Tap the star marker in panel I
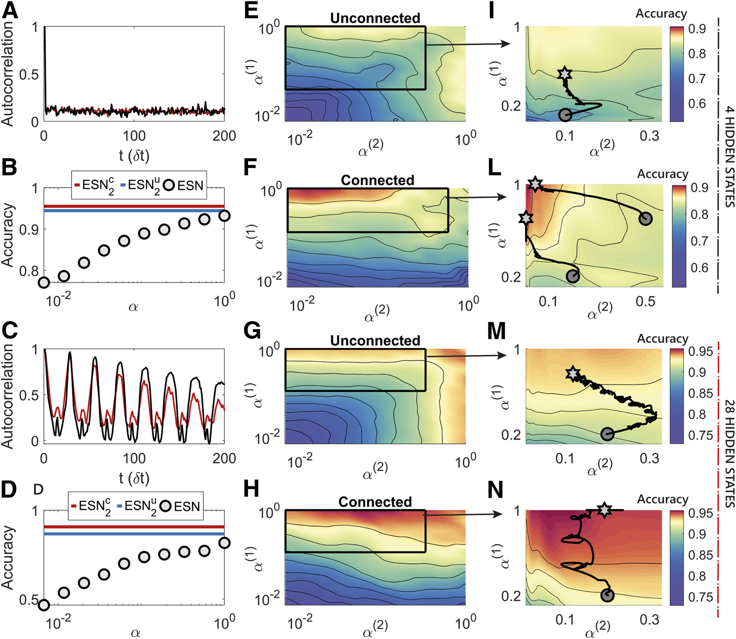pyautogui.click(x=565, y=74)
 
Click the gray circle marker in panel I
pyautogui.click(x=565, y=115)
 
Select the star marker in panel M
pyautogui.click(x=572, y=374)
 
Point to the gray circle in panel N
pyautogui.click(x=607, y=596)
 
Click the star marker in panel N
pyautogui.click(x=604, y=510)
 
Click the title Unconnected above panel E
pyautogui.click(x=375, y=18)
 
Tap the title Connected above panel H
pyautogui.click(x=375, y=502)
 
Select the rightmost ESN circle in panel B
pyautogui.click(x=224, y=216)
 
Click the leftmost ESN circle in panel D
pyautogui.click(x=44, y=605)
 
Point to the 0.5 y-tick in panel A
pyautogui.click(x=29, y=75)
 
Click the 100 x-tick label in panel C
pyautogui.click(x=134, y=458)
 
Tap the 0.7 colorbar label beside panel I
pyautogui.click(x=697, y=79)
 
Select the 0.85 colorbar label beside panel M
pyautogui.click(x=700, y=393)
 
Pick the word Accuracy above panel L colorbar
pyautogui.click(x=662, y=174)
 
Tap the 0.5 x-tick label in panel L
pyautogui.click(x=645, y=301)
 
